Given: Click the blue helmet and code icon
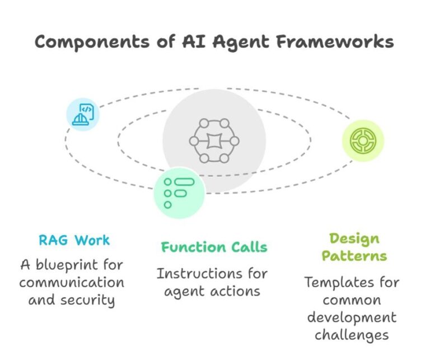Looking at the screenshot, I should pyautogui.click(x=83, y=114).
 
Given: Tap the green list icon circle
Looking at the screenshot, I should pyautogui.click(x=179, y=192).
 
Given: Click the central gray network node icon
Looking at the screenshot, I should pyautogui.click(x=214, y=141).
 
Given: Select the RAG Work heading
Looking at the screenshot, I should pyautogui.click(x=74, y=241).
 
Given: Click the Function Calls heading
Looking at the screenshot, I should pyautogui.click(x=214, y=247).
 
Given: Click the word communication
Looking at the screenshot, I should pyautogui.click(x=72, y=282).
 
